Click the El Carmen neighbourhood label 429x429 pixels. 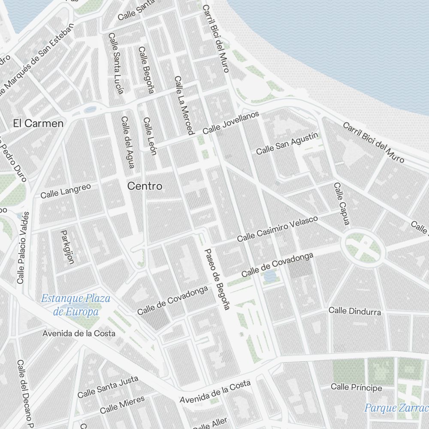click(x=38, y=124)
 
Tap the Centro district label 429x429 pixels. click(x=145, y=186)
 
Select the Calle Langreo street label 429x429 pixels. click(x=66, y=191)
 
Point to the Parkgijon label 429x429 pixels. click(x=67, y=247)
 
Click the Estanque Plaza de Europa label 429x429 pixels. click(x=76, y=305)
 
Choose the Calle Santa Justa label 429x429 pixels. click(x=108, y=387)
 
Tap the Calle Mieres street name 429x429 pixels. click(x=122, y=404)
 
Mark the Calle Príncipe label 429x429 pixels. click(x=356, y=387)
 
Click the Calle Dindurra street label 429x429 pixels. click(x=355, y=311)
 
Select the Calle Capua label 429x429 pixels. click(x=342, y=204)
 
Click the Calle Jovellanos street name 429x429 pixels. click(x=231, y=122)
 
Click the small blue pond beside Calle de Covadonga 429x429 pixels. click(x=270, y=275)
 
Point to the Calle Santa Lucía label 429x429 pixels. click(x=116, y=63)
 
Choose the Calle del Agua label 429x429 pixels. click(x=128, y=142)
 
